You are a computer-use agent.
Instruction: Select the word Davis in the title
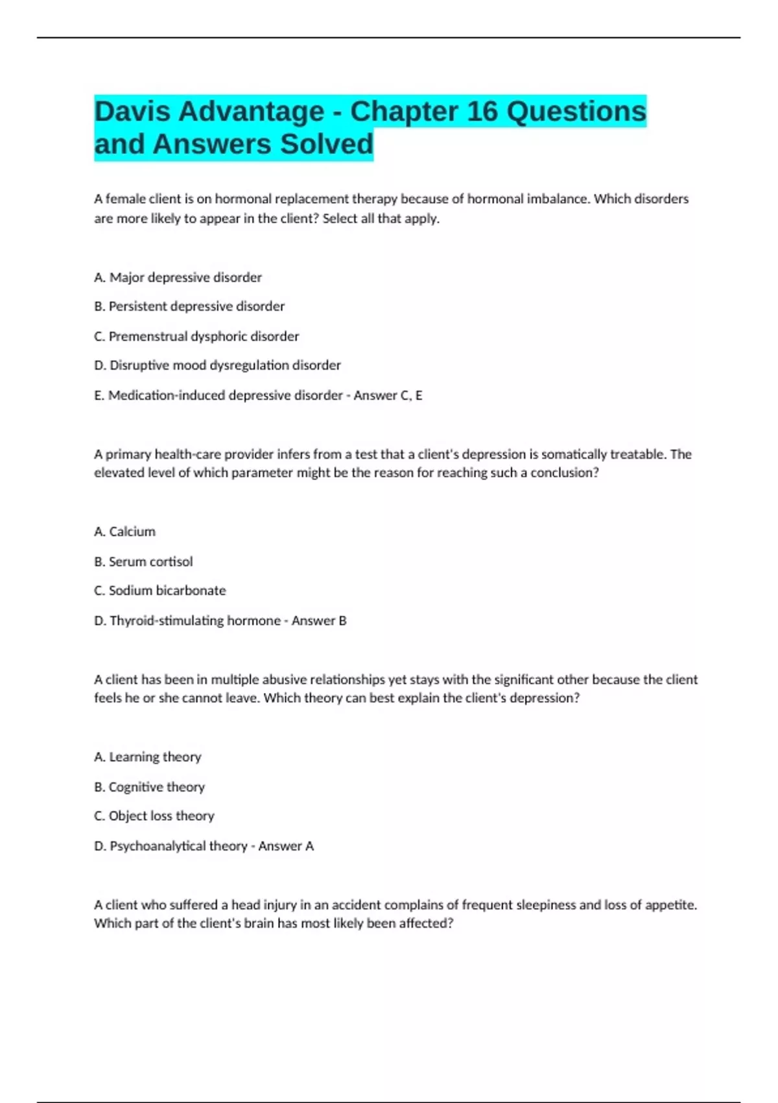132,111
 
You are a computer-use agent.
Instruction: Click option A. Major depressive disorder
178,278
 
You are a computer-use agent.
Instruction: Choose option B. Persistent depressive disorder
189,306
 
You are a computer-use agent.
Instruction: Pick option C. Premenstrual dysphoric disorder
196,336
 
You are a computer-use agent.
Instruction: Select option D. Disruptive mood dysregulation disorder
217,365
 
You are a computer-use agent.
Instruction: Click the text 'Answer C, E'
388,395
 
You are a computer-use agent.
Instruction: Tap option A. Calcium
124,531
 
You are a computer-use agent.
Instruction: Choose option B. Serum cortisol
143,561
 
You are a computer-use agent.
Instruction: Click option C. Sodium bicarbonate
159,590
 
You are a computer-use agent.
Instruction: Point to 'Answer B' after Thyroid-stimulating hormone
319,620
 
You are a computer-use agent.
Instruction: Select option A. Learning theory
147,757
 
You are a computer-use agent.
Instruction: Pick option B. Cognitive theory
149,786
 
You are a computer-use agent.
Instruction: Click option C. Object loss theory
154,816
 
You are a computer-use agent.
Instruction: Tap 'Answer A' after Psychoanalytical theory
286,845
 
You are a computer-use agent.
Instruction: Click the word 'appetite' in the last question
670,904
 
